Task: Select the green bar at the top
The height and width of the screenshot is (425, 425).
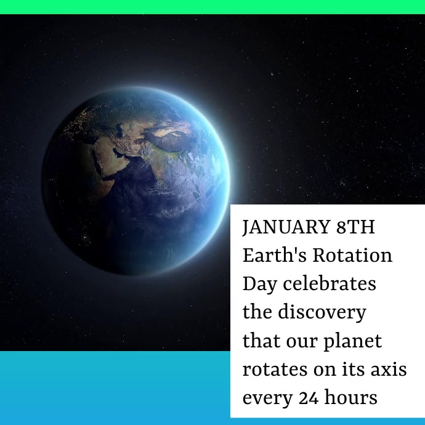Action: [x=212, y=7]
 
